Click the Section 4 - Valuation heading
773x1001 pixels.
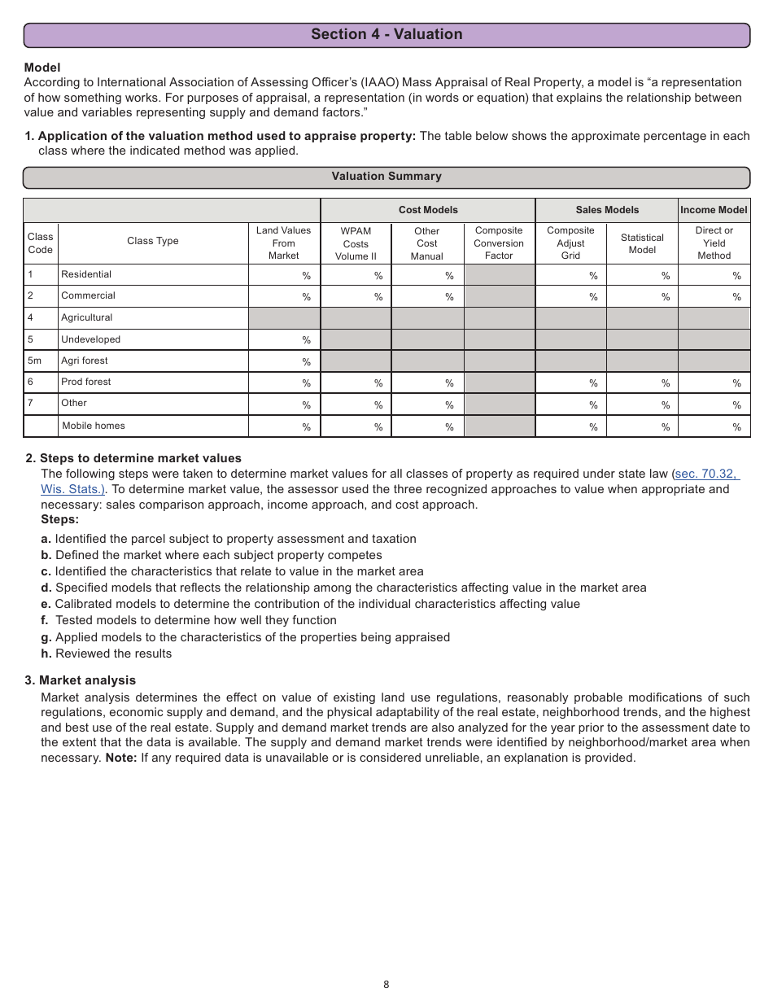pyautogui.click(x=386, y=34)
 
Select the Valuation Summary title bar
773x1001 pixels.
pyautogui.click(x=386, y=177)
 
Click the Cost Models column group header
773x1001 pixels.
pyautogui.click(x=428, y=210)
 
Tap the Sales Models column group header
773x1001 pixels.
pyautogui.click(x=607, y=210)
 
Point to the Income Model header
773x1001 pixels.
pyautogui.click(x=714, y=210)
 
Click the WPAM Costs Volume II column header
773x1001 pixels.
pyautogui.click(x=356, y=243)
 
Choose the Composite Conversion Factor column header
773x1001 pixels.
pyautogui.click(x=499, y=243)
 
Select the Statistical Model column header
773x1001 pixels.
pyautogui.click(x=642, y=243)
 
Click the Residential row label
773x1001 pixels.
pyautogui.click(x=86, y=274)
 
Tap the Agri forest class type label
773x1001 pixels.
pyautogui.click(x=85, y=361)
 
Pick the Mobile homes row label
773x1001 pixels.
pyautogui.click(x=94, y=426)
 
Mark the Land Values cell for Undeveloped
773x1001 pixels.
pyautogui.click(x=284, y=340)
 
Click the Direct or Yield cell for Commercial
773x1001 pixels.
pyautogui.click(x=714, y=296)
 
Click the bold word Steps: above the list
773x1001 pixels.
pyautogui.click(x=60, y=519)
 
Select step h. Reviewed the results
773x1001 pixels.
pyautogui.click(x=107, y=653)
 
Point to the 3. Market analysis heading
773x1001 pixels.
pyautogui.click(x=80, y=680)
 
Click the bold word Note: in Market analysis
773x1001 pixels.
pyautogui.click(x=120, y=758)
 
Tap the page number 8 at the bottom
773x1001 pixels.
pyautogui.click(x=386, y=984)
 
